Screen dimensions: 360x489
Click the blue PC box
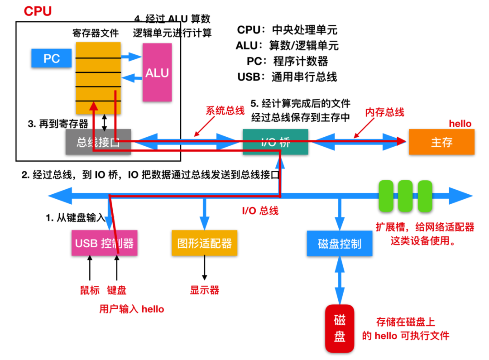(x=52, y=58)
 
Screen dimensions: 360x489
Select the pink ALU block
(x=157, y=72)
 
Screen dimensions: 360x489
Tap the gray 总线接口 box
(x=98, y=142)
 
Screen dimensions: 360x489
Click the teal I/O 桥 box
(x=275, y=142)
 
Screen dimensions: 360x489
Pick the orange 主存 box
(x=441, y=142)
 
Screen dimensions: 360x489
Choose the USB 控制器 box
(x=104, y=243)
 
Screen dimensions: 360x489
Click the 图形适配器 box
(x=204, y=243)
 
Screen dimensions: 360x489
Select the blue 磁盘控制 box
(x=340, y=244)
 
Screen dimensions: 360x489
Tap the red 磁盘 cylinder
(x=340, y=329)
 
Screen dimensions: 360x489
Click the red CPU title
(x=38, y=11)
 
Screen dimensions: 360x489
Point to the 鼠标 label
(x=90, y=290)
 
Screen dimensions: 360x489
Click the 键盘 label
(x=117, y=290)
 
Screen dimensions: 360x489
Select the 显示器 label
(x=205, y=290)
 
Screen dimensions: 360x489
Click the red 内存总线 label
(x=384, y=112)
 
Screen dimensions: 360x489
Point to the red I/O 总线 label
(x=260, y=210)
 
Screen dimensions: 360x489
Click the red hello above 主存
(x=460, y=124)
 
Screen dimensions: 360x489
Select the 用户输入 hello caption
(x=131, y=309)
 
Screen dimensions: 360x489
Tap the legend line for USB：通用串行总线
(x=287, y=77)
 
